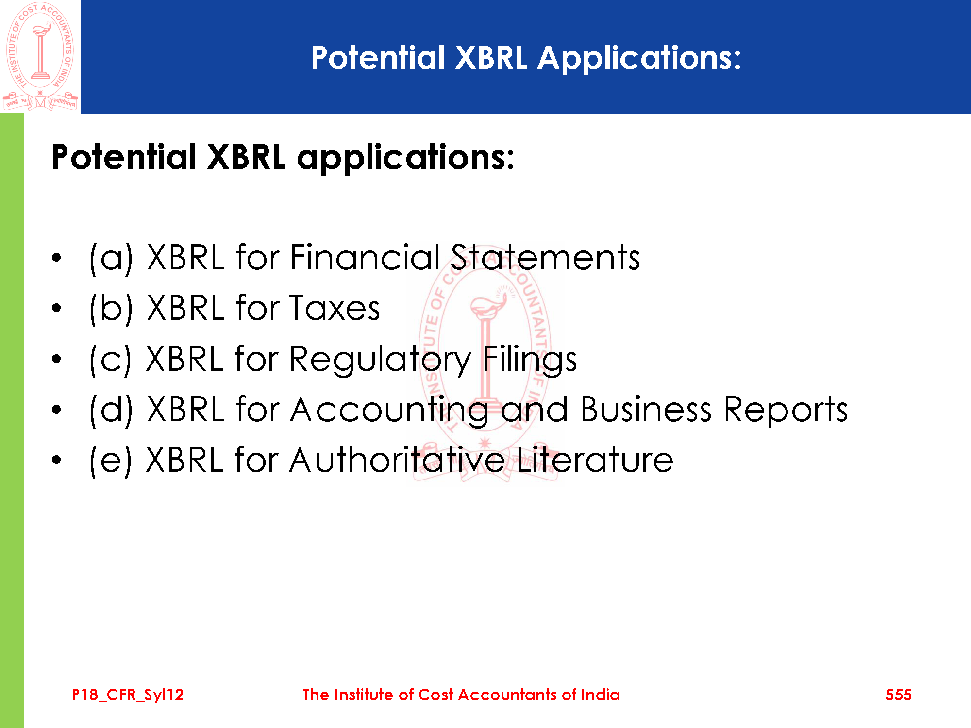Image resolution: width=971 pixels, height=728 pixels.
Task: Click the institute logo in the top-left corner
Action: pyautogui.click(x=40, y=57)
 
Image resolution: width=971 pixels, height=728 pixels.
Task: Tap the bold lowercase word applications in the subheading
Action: pyautogui.click(x=405, y=158)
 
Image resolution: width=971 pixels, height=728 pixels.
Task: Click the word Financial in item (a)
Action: pyautogui.click(x=365, y=257)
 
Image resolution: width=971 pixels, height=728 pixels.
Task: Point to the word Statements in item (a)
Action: pyautogui.click(x=545, y=257)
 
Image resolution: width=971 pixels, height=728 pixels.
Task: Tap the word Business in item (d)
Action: pyautogui.click(x=646, y=410)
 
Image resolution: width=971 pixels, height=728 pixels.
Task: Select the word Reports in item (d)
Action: pyautogui.click(x=786, y=411)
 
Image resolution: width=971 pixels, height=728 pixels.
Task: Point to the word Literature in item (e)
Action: pyautogui.click(x=595, y=460)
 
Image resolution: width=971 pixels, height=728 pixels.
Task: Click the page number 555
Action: pyautogui.click(x=898, y=695)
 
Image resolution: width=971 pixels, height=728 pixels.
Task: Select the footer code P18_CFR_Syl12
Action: pyautogui.click(x=128, y=695)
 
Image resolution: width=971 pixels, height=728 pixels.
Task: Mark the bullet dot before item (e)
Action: pyautogui.click(x=57, y=460)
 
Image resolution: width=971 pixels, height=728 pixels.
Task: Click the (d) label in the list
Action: pyautogui.click(x=111, y=411)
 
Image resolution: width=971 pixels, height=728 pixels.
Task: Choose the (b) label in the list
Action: pyautogui.click(x=111, y=309)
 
